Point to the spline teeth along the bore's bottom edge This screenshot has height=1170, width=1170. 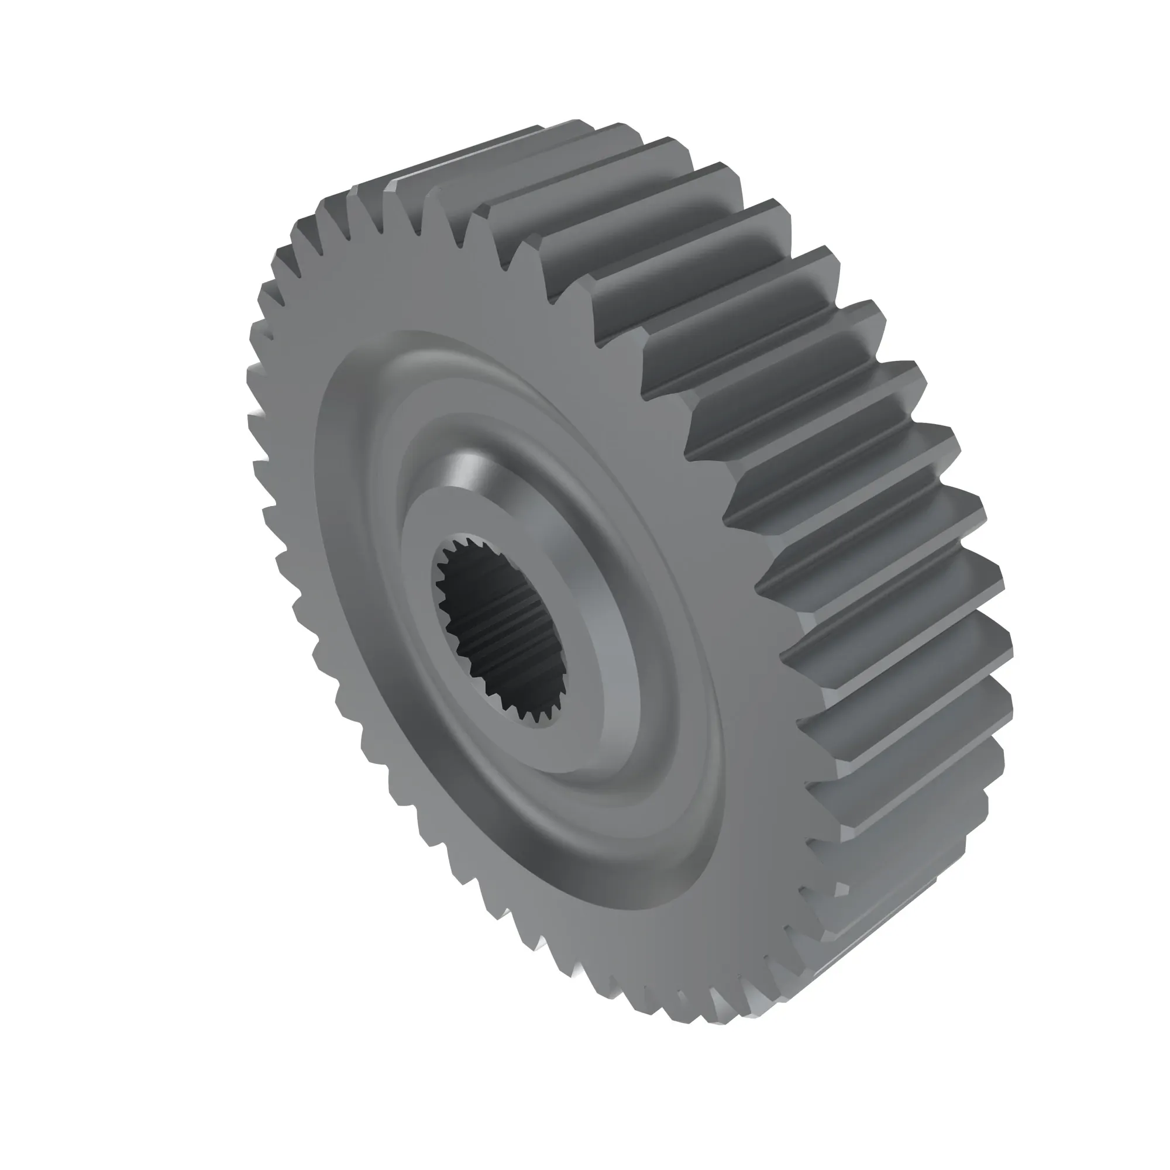527,715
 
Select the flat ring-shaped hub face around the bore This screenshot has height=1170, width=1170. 424,545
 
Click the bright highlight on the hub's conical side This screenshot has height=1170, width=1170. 463,472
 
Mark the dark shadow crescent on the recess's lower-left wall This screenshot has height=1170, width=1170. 388,696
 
